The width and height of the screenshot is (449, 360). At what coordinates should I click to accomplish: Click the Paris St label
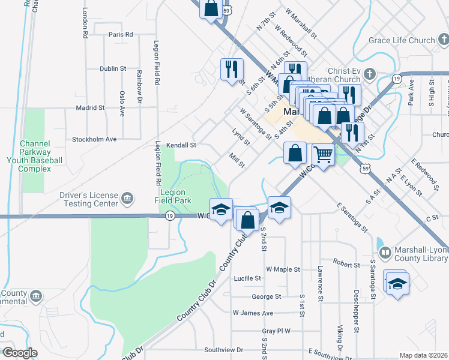(x=121, y=35)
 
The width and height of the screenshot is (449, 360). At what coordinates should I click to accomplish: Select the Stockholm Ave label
(x=94, y=139)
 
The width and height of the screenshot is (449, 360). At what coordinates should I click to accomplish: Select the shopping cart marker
(x=323, y=155)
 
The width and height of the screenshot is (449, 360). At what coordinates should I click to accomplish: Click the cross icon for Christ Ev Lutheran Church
(x=370, y=74)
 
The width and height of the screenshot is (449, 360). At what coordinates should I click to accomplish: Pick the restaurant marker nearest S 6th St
(x=231, y=68)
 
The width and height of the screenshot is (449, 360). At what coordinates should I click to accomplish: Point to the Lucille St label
(x=247, y=278)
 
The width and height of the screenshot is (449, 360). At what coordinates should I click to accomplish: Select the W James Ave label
(x=253, y=313)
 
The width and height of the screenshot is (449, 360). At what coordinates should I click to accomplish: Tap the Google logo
(x=20, y=353)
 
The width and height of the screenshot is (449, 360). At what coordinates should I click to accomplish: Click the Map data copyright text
(x=423, y=355)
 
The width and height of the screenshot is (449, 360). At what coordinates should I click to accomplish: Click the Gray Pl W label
(x=276, y=331)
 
